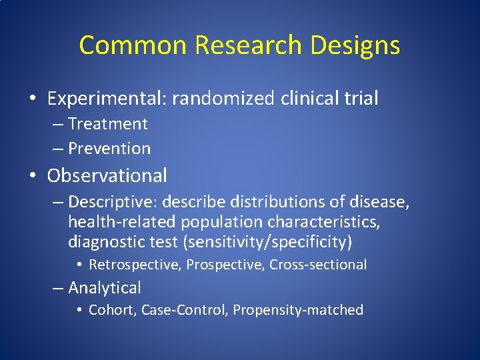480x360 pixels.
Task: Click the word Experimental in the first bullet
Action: [107, 99]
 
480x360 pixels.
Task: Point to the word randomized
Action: [223, 99]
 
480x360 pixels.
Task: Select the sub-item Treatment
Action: [107, 124]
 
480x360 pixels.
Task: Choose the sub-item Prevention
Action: [109, 148]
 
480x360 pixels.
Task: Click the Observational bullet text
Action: [107, 176]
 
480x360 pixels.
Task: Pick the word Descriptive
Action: [111, 201]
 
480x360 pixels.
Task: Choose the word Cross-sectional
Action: [318, 265]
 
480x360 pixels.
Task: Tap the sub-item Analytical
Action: [104, 288]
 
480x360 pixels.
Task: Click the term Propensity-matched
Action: [298, 310]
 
